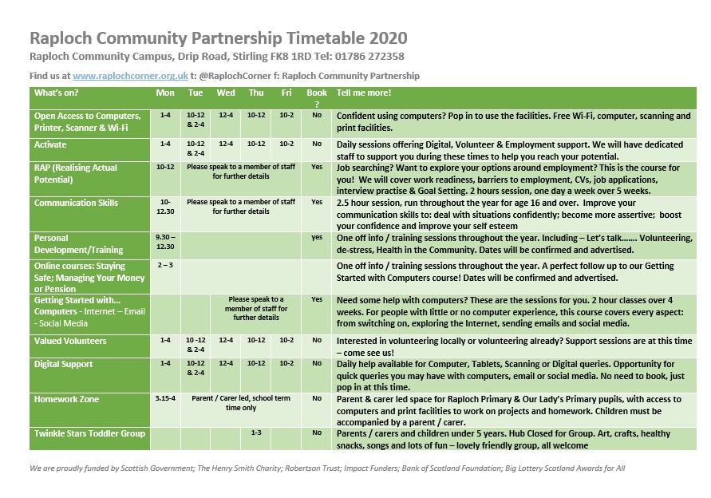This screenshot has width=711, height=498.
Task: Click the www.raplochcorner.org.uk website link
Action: point(130,76)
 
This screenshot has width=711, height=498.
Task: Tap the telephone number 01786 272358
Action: point(373,56)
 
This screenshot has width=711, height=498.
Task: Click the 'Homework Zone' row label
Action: point(67,399)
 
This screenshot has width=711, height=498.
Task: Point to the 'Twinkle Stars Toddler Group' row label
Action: point(89,433)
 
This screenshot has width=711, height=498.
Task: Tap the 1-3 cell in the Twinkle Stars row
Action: point(256,433)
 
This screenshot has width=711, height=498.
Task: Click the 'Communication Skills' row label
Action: point(75,203)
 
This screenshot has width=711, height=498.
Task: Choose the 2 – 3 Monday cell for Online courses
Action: point(165,264)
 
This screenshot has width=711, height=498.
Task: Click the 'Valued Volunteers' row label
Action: point(70,341)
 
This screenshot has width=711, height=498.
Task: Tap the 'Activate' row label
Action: point(50,144)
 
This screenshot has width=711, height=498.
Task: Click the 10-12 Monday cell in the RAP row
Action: point(165,168)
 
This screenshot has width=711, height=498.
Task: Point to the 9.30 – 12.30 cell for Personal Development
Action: point(165,242)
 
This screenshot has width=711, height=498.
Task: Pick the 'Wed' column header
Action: point(226,93)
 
